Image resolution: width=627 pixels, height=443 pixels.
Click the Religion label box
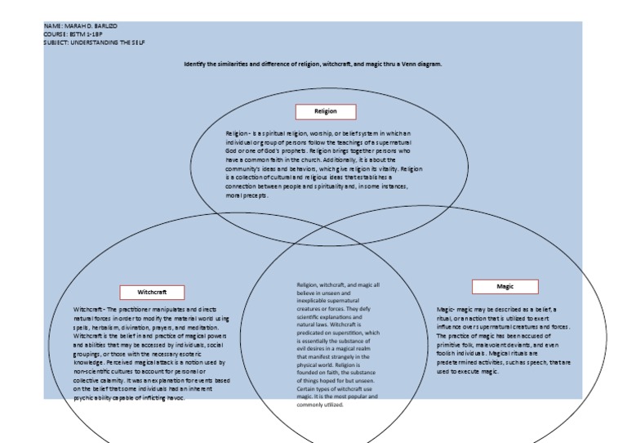point(326,112)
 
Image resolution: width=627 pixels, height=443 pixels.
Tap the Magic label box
point(505,286)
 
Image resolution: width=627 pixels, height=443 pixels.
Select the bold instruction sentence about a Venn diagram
point(313,64)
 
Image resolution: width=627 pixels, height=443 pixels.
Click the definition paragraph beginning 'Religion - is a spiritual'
point(324,164)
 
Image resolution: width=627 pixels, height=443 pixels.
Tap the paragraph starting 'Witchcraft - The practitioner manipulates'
point(152,354)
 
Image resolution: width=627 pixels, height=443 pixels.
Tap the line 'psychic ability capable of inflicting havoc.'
point(129,398)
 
